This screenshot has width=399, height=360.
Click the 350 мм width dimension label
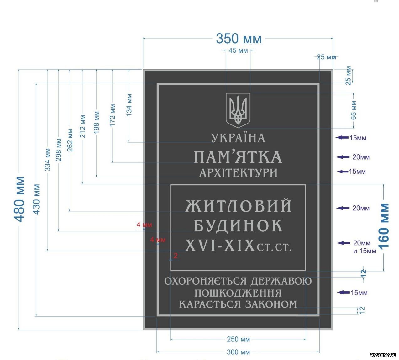click(239, 39)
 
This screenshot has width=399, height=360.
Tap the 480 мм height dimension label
click(19, 199)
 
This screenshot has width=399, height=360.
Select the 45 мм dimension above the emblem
click(238, 50)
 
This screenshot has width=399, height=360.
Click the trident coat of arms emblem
click(238, 110)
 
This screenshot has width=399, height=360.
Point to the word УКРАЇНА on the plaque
click(238, 138)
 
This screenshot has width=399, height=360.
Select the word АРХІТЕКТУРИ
click(238, 173)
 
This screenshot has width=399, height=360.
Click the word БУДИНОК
click(238, 226)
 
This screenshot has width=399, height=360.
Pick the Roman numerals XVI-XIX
click(220, 245)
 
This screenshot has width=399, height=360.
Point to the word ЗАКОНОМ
click(271, 304)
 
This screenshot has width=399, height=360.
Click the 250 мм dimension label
click(238, 339)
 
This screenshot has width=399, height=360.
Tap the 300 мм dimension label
click(238, 352)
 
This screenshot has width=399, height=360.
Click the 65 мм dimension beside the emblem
click(354, 110)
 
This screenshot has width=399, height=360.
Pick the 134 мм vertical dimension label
click(129, 105)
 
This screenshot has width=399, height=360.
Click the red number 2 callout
click(176, 256)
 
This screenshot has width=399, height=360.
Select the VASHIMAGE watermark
click(383, 355)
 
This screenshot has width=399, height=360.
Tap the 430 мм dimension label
click(37, 199)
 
